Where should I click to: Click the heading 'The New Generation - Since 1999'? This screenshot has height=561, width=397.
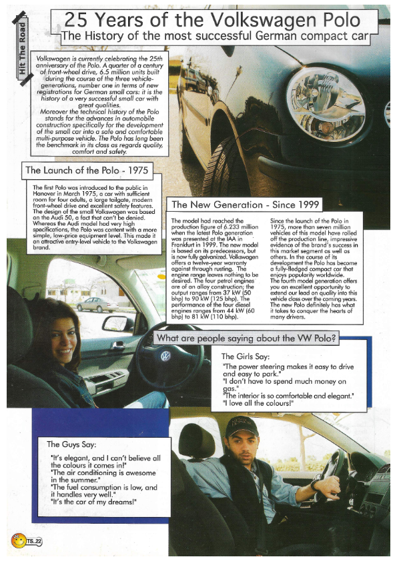pyautogui.click(x=246, y=205)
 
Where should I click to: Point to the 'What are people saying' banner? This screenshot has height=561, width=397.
pyautogui.click(x=246, y=338)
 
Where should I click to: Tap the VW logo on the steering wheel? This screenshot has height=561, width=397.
pyautogui.click(x=165, y=356)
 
